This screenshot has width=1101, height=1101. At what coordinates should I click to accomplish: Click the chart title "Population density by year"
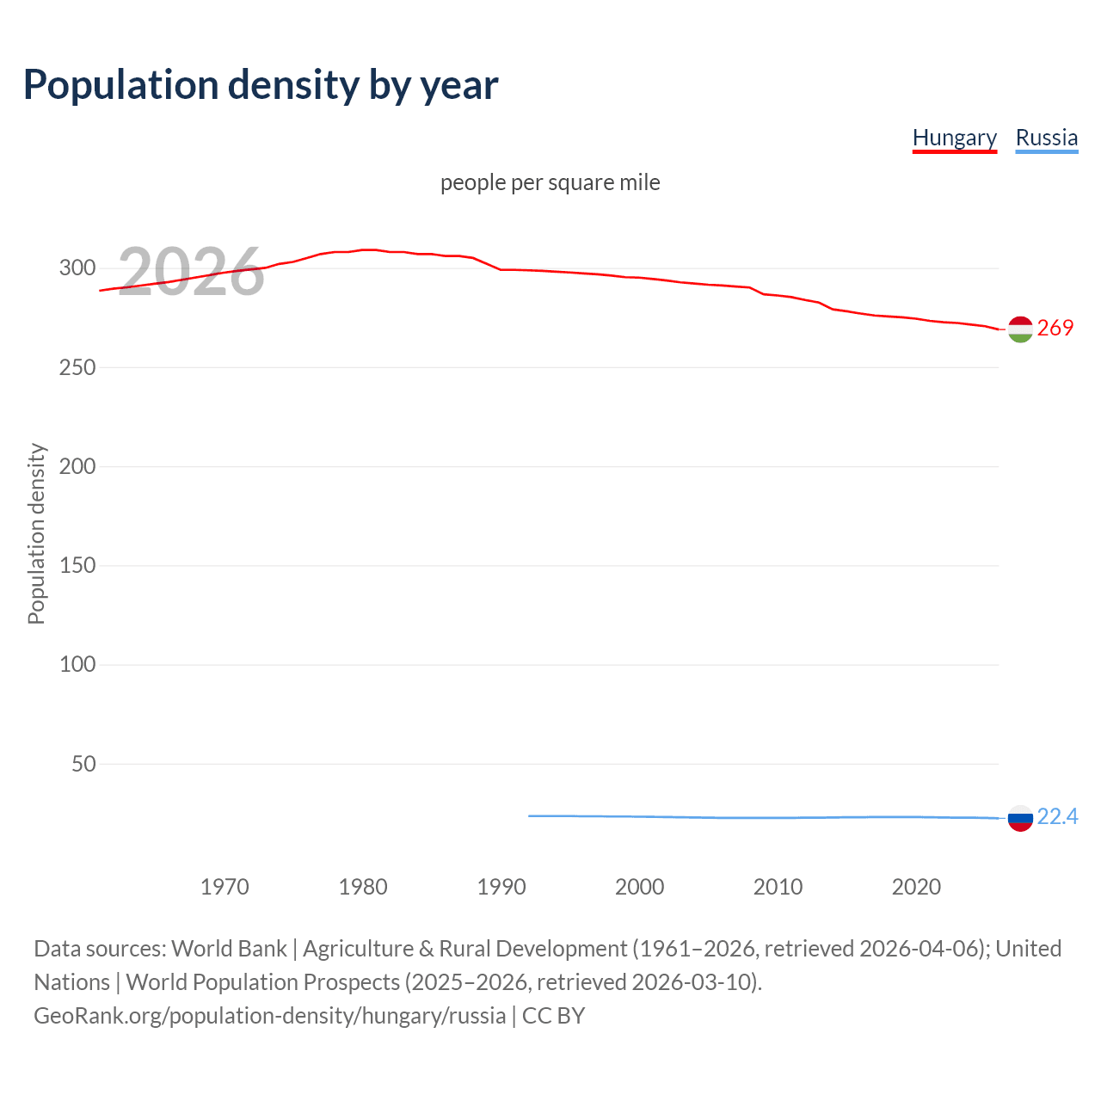(261, 84)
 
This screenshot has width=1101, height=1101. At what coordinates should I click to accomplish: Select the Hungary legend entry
(954, 138)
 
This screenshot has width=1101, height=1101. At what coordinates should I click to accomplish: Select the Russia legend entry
(1046, 138)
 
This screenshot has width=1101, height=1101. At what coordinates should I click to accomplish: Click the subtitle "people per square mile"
(550, 182)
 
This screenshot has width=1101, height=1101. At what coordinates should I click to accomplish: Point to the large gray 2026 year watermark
(190, 272)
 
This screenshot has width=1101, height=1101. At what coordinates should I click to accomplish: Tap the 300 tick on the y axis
(77, 268)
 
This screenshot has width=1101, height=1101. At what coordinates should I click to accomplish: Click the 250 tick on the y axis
(77, 367)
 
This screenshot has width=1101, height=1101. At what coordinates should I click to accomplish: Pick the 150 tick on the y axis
(77, 565)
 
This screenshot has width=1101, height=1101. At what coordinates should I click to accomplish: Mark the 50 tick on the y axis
(83, 764)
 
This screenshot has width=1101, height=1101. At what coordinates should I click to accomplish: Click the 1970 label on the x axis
(225, 887)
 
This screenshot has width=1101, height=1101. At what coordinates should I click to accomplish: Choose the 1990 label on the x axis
(501, 887)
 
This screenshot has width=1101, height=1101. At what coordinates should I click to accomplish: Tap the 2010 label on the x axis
(778, 887)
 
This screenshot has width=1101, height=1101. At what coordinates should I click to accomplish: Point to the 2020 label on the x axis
(916, 887)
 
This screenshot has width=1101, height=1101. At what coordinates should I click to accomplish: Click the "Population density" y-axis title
(36, 533)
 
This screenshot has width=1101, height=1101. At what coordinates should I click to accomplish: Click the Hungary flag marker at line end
(1020, 329)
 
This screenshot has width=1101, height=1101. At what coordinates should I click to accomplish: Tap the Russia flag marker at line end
(1020, 818)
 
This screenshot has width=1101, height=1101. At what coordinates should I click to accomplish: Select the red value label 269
(1055, 328)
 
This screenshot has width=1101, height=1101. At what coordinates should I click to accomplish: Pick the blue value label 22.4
(1057, 816)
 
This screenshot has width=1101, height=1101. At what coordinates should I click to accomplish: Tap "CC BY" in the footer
(553, 1015)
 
